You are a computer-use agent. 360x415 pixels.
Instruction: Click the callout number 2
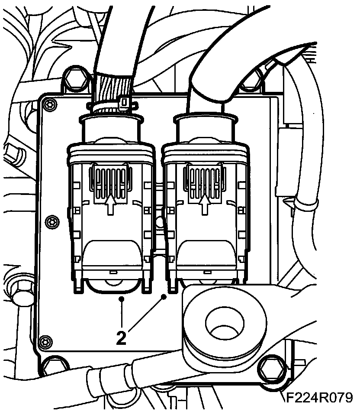122,337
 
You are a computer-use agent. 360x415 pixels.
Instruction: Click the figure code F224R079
319,398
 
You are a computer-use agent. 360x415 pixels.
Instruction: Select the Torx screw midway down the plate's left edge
52,221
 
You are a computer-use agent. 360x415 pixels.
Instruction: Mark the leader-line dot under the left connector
122,299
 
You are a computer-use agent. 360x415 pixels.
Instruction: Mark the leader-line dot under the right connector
164,296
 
